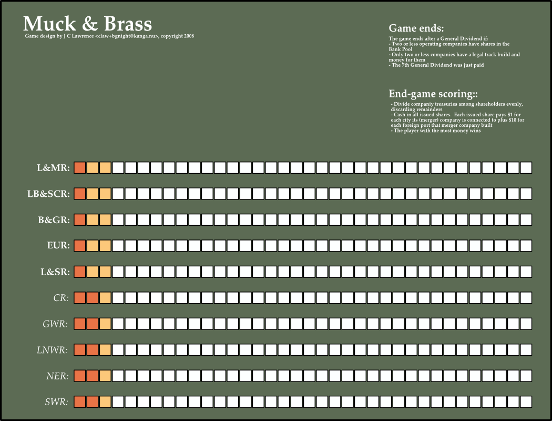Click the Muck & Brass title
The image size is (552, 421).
[x=87, y=24]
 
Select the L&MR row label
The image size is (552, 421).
[x=53, y=168]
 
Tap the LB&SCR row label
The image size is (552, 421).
[x=48, y=194]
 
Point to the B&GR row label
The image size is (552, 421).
[x=54, y=220]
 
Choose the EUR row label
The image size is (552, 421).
[x=58, y=246]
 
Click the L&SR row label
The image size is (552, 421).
[x=55, y=272]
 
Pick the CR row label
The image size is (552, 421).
[x=61, y=298]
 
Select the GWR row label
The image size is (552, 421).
[x=56, y=324]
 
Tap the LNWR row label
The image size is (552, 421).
[x=53, y=350]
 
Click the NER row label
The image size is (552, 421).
[x=57, y=376]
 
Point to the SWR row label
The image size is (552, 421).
[x=56, y=403]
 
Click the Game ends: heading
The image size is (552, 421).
[x=416, y=28]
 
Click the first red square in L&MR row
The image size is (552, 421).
[x=79, y=168]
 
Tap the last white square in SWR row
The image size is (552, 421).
[x=526, y=402]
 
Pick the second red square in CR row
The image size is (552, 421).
[x=93, y=298]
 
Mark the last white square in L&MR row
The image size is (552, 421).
[x=526, y=168]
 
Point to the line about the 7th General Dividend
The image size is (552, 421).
[x=437, y=65]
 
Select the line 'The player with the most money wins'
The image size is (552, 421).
[x=436, y=131]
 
